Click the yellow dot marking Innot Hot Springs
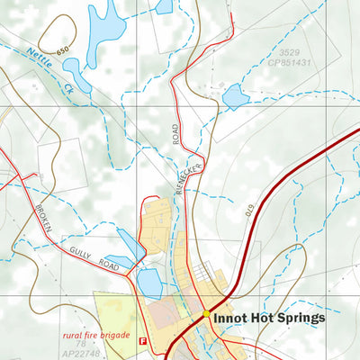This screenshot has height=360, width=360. pyautogui.click(x=206, y=314)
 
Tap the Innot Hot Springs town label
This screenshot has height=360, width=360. pyautogui.click(x=269, y=318)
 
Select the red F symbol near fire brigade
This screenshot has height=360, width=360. pyautogui.click(x=142, y=340)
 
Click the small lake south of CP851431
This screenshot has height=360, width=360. pyautogui.click(x=235, y=94)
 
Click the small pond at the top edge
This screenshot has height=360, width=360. pyautogui.click(x=163, y=5)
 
